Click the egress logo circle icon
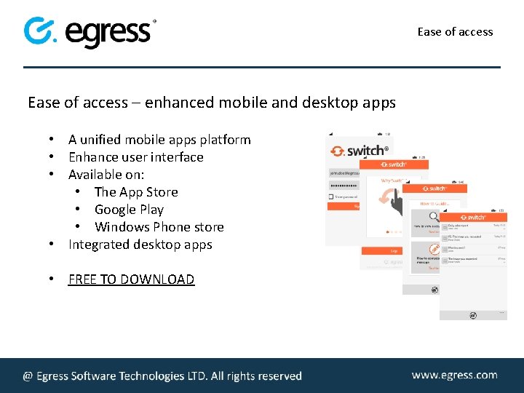pyautogui.click(x=38, y=31)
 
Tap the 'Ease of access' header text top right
pyautogui.click(x=455, y=31)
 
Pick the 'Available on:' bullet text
pyautogui.click(x=106, y=175)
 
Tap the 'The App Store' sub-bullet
pyautogui.click(x=136, y=192)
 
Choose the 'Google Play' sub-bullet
pyautogui.click(x=129, y=210)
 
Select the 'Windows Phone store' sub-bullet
pyautogui.click(x=159, y=227)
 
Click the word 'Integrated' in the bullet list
pyautogui.click(x=99, y=245)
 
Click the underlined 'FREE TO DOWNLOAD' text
pyautogui.click(x=131, y=279)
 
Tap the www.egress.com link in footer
pyautogui.click(x=454, y=375)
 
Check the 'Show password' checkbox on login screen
pyautogui.click(x=331, y=196)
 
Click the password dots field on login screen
pyautogui.click(x=344, y=185)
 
